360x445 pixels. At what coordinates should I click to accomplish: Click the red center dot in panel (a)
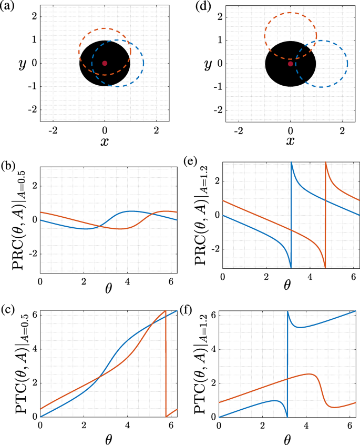pyautogui.click(x=105, y=63)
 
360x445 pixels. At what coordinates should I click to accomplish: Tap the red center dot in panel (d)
pyautogui.click(x=290, y=64)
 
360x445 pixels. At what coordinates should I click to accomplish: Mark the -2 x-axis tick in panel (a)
pyautogui.click(x=53, y=129)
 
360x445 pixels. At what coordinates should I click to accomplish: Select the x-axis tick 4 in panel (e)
pyautogui.click(x=310, y=277)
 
